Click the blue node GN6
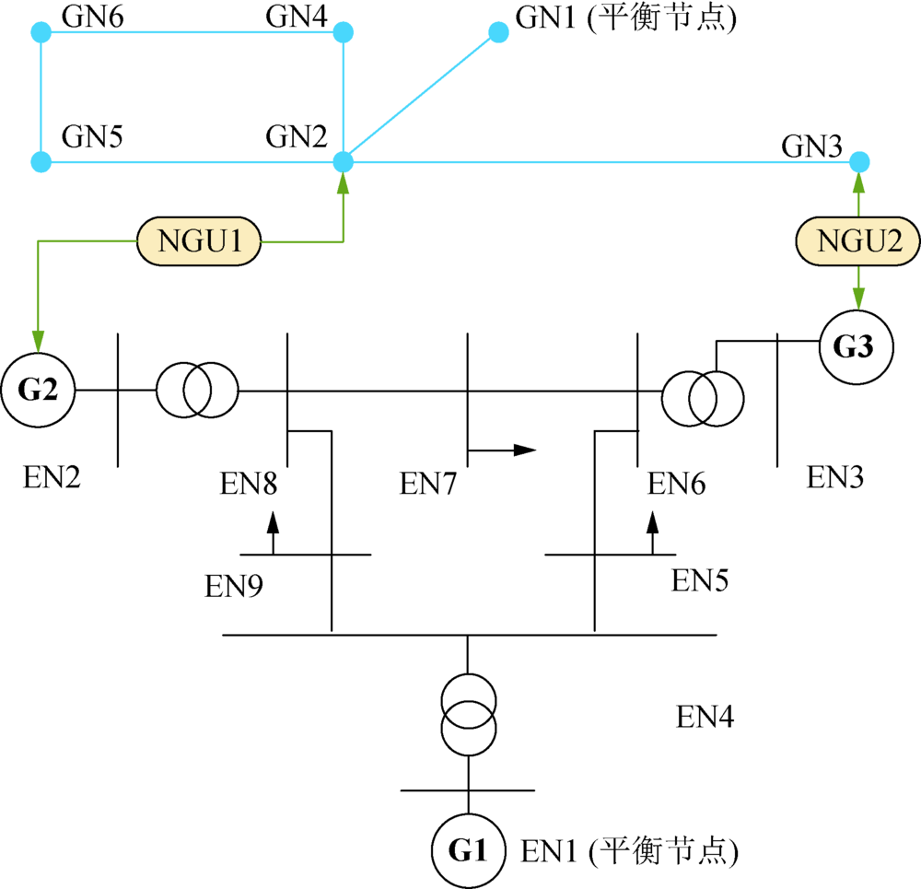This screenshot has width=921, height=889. tap(41, 31)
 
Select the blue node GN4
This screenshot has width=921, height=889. tap(343, 31)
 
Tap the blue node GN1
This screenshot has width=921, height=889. tap(498, 31)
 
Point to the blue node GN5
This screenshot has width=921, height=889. tap(41, 161)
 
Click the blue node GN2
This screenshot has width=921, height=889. tap(343, 161)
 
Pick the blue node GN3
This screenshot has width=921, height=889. tap(859, 161)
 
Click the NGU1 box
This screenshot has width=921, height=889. tap(199, 241)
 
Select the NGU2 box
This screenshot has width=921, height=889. tap(858, 241)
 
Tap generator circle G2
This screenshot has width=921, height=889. tap(38, 390)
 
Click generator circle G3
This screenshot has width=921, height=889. tap(857, 347)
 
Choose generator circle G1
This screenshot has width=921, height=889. tap(469, 850)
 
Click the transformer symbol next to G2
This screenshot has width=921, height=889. tap(197, 391)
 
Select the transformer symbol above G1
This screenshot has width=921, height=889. tap(469, 715)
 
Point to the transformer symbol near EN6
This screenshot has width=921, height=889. tap(703, 398)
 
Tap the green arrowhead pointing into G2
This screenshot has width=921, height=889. tap(38, 341)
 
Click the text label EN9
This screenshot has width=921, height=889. tap(234, 586)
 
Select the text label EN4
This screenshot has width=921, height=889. tap(705, 717)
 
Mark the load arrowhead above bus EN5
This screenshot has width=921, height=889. tap(653, 522)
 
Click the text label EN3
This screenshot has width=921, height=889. tap(835, 477)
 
